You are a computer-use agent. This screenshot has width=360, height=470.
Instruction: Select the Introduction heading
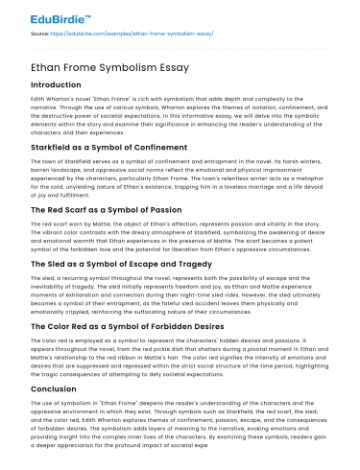(58, 83)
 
